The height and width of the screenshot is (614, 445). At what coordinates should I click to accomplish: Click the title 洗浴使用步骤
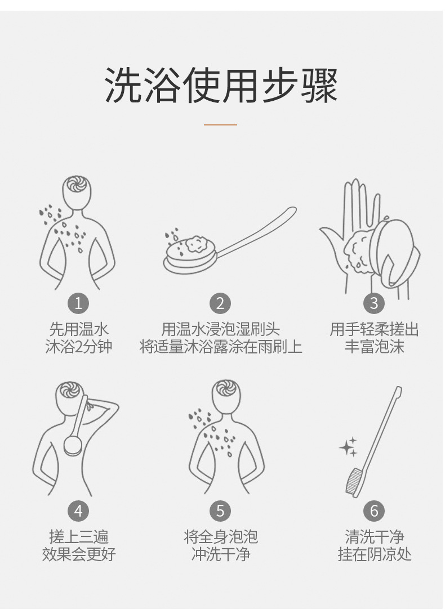pos(221,86)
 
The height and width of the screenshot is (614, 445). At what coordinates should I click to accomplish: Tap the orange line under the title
pos(220,124)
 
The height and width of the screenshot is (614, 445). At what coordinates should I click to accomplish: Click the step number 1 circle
pos(78,303)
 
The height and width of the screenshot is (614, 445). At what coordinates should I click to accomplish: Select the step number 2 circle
pos(220,303)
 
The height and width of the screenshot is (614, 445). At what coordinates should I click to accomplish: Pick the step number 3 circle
pos(374,303)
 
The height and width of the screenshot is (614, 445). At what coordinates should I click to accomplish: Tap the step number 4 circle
pos(78,511)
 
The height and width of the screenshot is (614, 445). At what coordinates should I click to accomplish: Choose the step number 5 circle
pos(220,511)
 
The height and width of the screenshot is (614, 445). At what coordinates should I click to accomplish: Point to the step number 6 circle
pos(374,511)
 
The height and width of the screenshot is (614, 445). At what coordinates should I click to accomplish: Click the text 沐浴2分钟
pos(78,347)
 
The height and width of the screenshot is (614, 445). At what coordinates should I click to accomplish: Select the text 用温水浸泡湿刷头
pos(220,329)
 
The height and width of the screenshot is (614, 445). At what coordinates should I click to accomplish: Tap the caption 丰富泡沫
pos(374,347)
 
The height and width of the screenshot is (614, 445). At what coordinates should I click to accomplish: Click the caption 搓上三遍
pos(78,537)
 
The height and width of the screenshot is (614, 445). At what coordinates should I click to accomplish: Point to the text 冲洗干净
pos(220,554)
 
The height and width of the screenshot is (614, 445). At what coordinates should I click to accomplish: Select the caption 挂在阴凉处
pos(374,554)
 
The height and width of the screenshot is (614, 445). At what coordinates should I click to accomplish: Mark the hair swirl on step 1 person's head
pos(74,185)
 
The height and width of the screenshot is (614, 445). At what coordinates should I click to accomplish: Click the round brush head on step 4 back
pos(73,443)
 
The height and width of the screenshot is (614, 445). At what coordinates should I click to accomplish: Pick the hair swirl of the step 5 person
pos(225,389)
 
